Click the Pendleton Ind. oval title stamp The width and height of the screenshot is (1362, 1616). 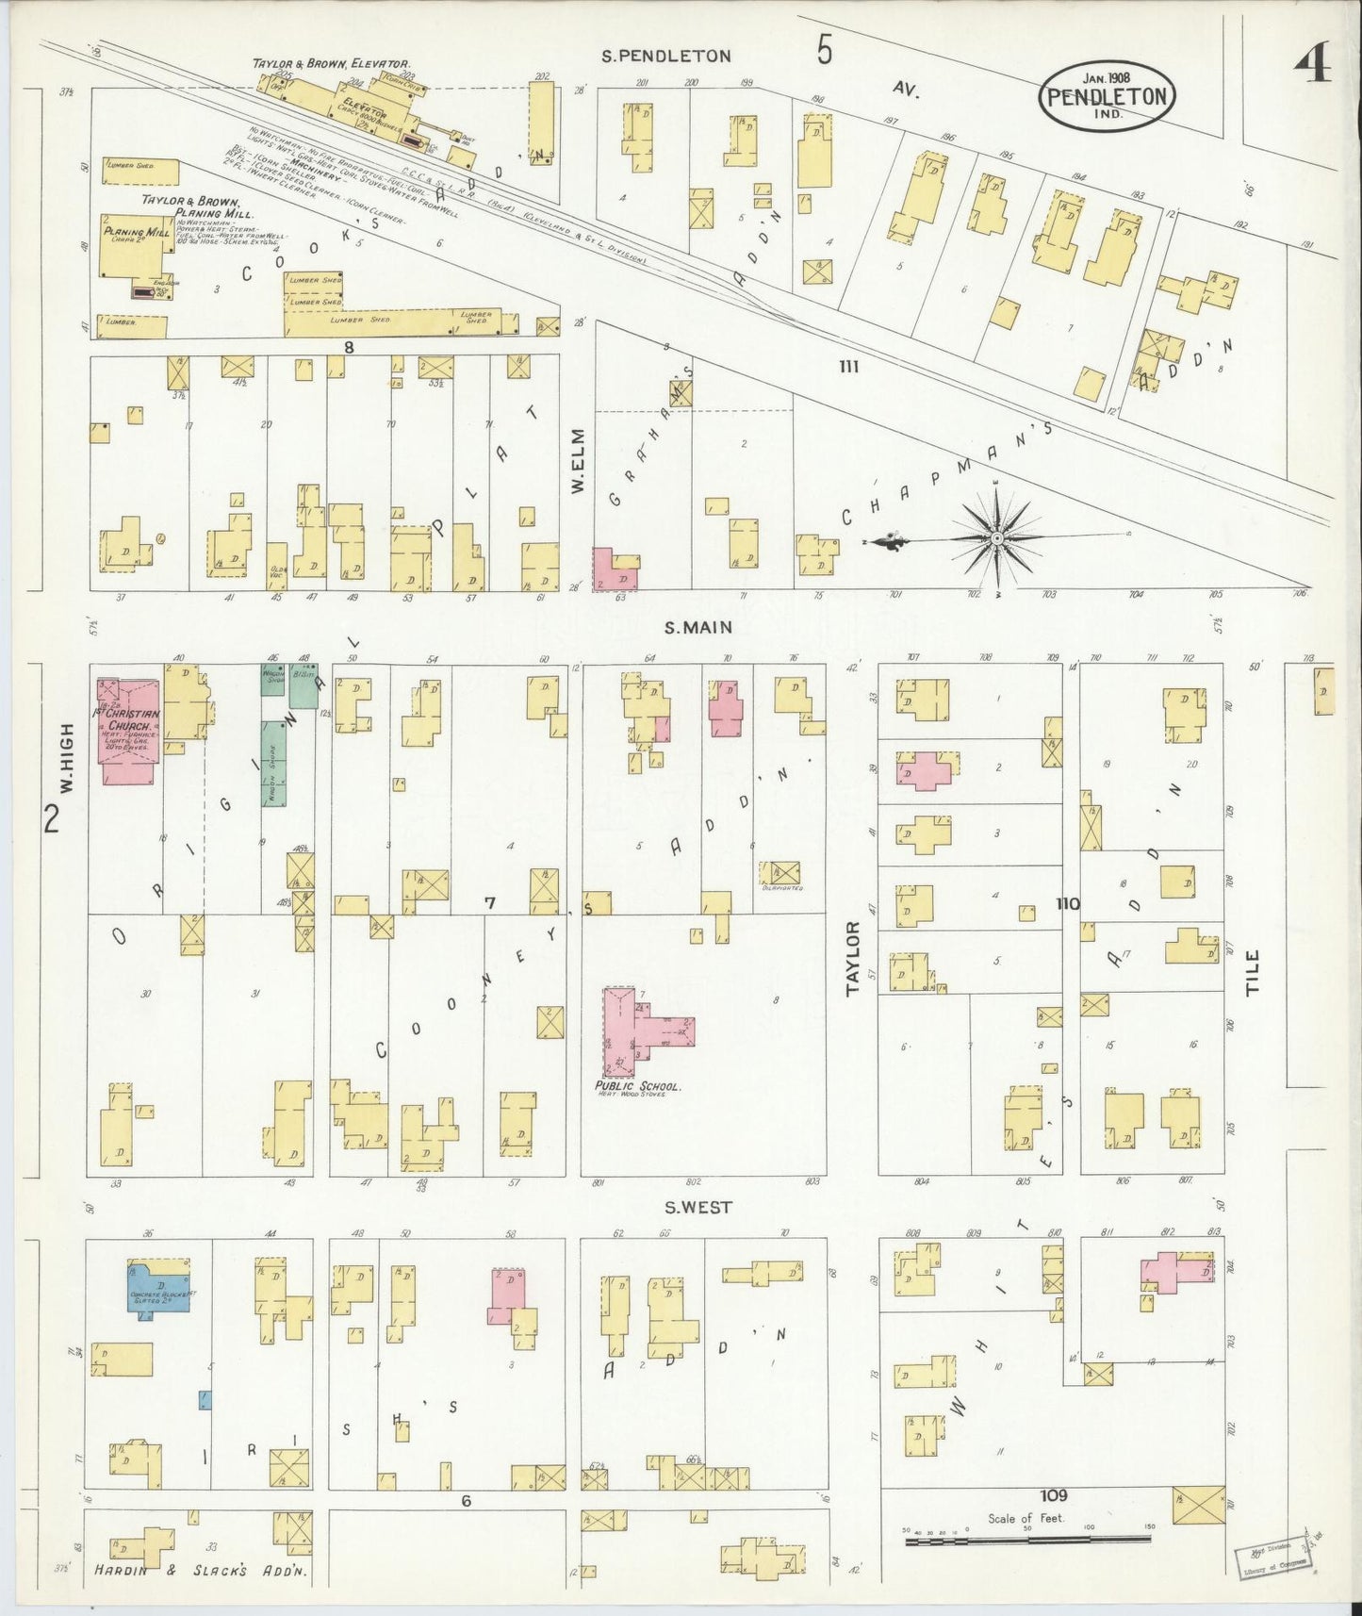click(x=1107, y=95)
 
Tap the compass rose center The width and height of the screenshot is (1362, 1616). click(x=996, y=538)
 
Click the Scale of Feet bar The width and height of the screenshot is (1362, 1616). click(x=1027, y=1541)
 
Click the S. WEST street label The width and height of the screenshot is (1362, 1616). click(x=697, y=1208)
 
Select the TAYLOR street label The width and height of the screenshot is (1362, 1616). click(x=854, y=958)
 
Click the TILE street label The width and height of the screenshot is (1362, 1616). click(x=1253, y=973)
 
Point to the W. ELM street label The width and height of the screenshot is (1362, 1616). click(x=577, y=461)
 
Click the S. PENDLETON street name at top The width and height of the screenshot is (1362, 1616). click(x=666, y=56)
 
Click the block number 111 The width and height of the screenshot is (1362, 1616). click(x=849, y=367)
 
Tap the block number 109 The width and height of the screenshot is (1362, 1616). click(x=1054, y=1495)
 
